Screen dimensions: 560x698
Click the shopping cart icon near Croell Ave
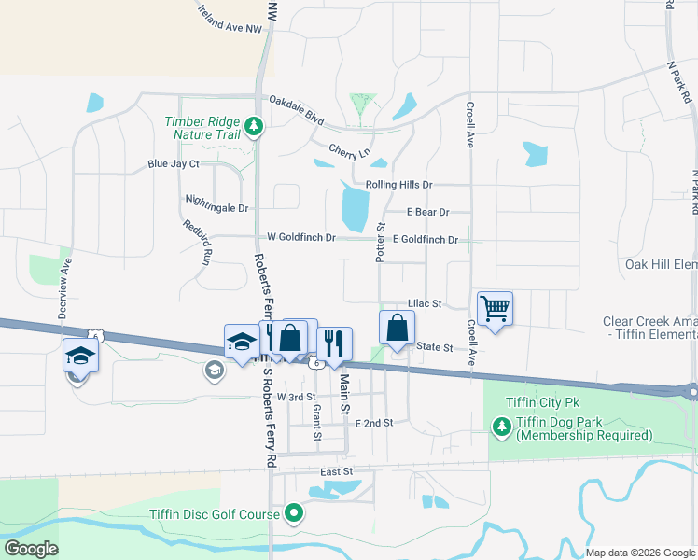click(x=495, y=308)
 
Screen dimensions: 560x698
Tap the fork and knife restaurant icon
click(x=334, y=343)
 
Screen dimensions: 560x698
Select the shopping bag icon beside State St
click(x=398, y=328)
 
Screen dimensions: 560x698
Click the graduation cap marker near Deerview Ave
click(x=80, y=355)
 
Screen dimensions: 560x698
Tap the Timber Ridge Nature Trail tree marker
click(x=253, y=125)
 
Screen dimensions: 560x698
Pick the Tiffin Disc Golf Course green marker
click(x=295, y=512)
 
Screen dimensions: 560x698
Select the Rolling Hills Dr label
click(x=399, y=185)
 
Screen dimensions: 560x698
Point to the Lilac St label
click(x=424, y=304)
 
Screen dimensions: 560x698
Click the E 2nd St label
click(x=374, y=423)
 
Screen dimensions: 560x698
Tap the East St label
click(x=336, y=473)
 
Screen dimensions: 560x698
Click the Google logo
click(x=31, y=549)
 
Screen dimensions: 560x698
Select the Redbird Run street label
click(x=199, y=240)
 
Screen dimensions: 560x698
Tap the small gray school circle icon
click(x=215, y=372)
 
